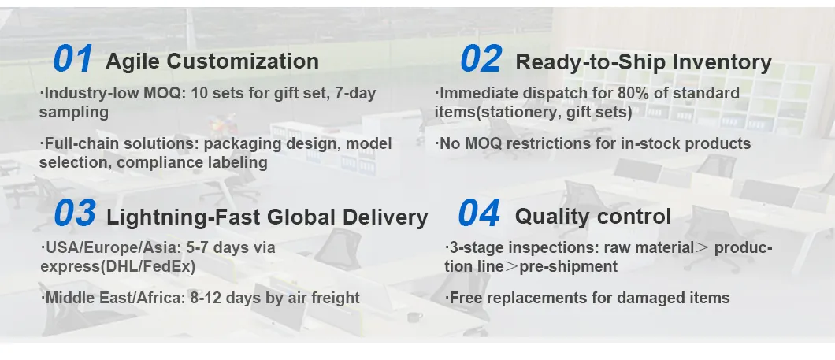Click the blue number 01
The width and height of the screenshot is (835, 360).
[x=73, y=59]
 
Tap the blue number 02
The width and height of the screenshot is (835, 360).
[x=481, y=59]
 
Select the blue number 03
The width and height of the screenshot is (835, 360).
[x=75, y=213]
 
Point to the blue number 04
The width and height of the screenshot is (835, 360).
[x=479, y=213]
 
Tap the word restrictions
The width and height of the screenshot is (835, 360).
[x=576, y=144]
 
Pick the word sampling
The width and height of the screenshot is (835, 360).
[x=73, y=113]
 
